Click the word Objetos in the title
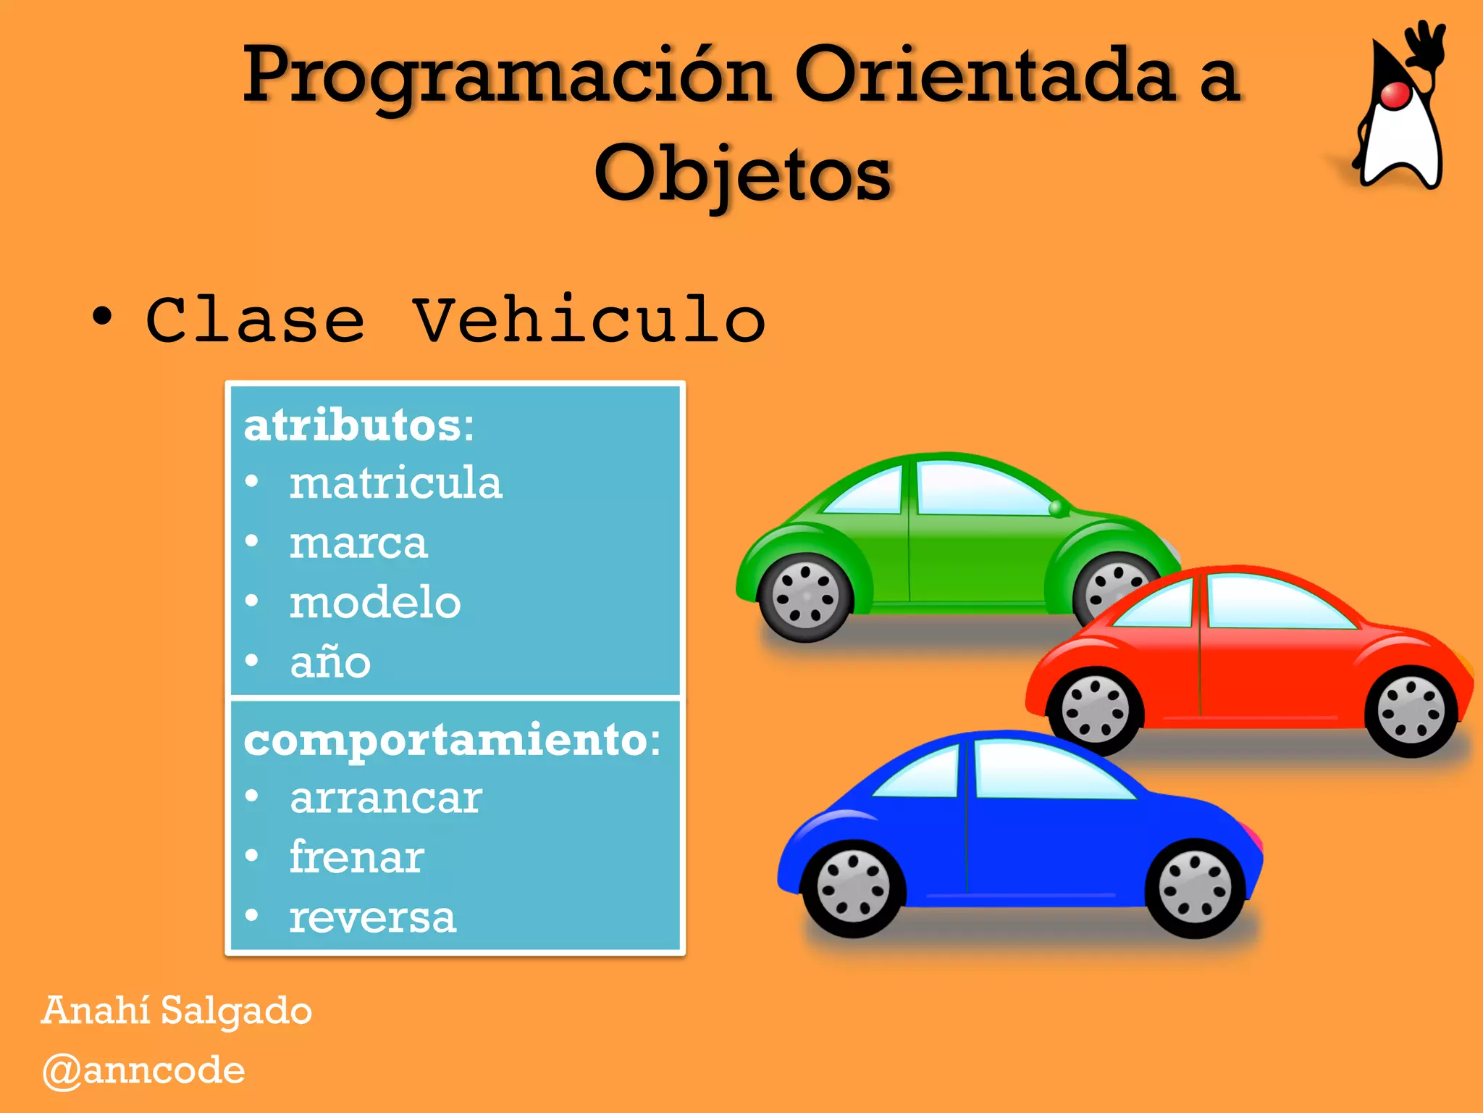742,174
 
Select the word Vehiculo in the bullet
588,320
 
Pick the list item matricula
395,483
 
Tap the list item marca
358,543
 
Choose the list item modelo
375,603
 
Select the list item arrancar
386,799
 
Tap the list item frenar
356,858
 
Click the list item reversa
372,918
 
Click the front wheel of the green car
804,597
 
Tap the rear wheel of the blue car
1194,887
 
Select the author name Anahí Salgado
177,1011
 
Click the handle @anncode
143,1071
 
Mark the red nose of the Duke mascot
1395,95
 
